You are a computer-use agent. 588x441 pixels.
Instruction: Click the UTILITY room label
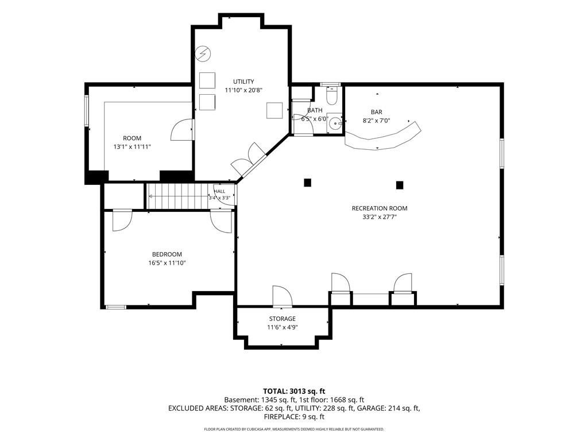[243, 82]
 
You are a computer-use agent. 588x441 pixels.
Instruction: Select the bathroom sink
[335, 122]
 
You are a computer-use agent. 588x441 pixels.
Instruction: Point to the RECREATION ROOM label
[380, 208]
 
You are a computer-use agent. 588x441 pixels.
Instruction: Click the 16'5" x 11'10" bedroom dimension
[167, 263]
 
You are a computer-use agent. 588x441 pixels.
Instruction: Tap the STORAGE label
[283, 319]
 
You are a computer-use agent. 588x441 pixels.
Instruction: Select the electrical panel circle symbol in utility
[203, 54]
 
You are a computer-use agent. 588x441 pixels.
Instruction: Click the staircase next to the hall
[177, 196]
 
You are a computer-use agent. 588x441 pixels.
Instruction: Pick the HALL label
[219, 191]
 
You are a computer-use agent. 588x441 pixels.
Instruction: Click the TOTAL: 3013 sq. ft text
[294, 392]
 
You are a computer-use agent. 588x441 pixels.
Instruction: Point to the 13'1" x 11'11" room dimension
[132, 146]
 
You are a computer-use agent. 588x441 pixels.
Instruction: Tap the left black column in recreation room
[308, 183]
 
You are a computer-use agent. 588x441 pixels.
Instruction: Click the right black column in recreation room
[400, 185]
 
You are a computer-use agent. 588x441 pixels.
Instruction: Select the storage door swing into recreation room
[283, 296]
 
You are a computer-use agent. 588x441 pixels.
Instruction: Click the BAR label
[377, 112]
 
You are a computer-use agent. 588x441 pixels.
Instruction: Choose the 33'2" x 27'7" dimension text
[380, 216]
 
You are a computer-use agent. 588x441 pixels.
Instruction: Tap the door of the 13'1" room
[182, 130]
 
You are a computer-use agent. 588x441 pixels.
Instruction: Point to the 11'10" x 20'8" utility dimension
[243, 90]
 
